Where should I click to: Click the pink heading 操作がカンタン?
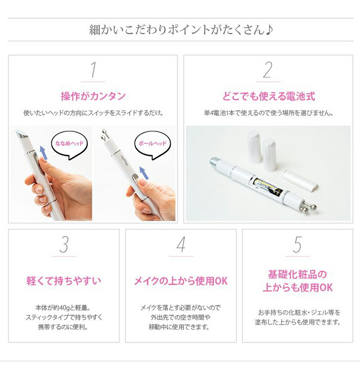(93, 96)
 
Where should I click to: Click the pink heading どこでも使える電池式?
(268, 96)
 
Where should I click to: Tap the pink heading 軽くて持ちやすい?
(64, 281)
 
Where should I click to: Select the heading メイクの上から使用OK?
(181, 281)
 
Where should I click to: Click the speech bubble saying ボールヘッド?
(151, 144)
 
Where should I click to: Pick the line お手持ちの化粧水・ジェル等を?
(297, 312)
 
